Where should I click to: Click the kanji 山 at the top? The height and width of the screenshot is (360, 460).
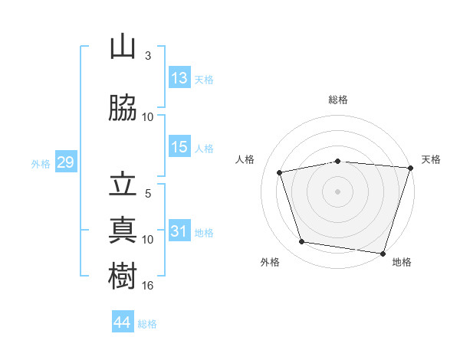click(123, 46)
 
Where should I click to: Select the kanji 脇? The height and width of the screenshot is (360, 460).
click(123, 107)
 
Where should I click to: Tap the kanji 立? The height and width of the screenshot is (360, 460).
click(123, 185)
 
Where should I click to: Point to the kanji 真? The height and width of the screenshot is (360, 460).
click(123, 230)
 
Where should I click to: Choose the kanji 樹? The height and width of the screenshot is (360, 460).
click(123, 276)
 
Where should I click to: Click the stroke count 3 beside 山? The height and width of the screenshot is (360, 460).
click(148, 56)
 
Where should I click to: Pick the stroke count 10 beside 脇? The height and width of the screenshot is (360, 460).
click(147, 117)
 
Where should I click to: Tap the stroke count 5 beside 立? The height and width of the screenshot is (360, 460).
click(148, 194)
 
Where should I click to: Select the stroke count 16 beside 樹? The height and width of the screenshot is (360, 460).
click(147, 286)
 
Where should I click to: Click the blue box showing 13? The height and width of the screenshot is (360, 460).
click(179, 77)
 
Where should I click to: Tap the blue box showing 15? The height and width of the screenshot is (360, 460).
click(179, 146)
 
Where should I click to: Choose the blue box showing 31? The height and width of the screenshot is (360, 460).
click(179, 230)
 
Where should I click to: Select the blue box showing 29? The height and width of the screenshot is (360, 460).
click(66, 162)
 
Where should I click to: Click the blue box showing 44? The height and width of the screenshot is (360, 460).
click(123, 321)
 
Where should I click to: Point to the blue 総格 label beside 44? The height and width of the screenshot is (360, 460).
click(147, 324)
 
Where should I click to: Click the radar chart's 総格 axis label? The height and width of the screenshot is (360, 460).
click(338, 100)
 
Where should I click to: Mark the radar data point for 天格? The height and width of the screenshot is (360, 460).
click(411, 168)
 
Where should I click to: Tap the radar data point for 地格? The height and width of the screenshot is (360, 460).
click(383, 254)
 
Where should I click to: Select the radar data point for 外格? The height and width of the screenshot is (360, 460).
click(301, 242)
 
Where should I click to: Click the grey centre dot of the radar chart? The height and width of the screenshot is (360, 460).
click(337, 191)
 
